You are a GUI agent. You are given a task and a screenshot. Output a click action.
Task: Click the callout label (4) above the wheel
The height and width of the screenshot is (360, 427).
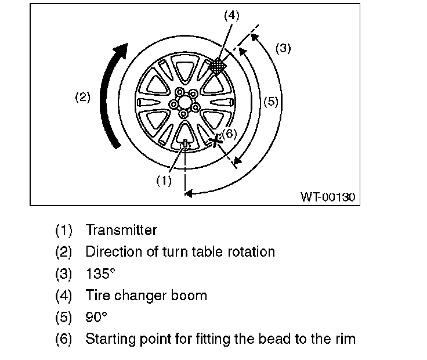tap(231, 16)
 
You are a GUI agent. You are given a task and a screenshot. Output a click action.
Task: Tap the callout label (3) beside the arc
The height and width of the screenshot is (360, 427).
tap(283, 48)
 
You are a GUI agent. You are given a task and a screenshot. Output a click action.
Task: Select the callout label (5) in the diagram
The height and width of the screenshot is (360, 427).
tap(271, 102)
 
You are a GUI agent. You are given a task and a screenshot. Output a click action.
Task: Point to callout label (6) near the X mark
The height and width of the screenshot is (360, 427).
tap(230, 134)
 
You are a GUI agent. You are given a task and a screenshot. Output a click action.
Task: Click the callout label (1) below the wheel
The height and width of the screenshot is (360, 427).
tap(164, 181)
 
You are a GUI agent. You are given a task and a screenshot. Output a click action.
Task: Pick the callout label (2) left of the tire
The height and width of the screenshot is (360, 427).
tap(82, 97)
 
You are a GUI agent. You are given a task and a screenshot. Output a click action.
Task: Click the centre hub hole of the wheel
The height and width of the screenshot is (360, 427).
tap(184, 102)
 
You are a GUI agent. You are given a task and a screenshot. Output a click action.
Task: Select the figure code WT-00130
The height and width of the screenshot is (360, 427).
tap(327, 197)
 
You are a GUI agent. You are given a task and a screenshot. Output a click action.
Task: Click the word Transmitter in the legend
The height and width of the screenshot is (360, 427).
tap(121, 231)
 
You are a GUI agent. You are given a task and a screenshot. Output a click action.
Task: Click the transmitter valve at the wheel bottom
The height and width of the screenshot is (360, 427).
tap(184, 143)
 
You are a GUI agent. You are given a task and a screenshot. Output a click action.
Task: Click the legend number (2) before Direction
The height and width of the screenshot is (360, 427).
tap(64, 252)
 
